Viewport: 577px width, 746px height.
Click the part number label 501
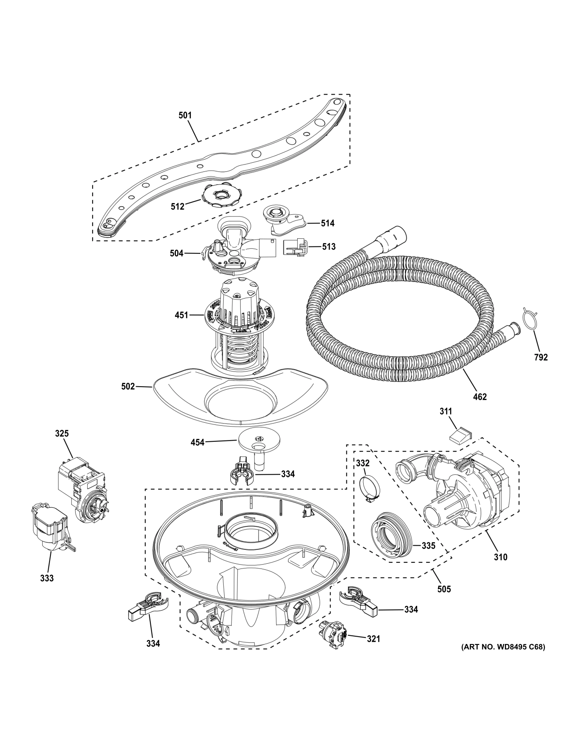[x=185, y=115]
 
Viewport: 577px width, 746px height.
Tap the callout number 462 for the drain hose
[x=480, y=396]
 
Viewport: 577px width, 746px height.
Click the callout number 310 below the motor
[x=501, y=557]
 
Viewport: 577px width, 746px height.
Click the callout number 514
[x=328, y=223]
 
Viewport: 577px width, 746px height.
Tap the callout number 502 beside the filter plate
[x=128, y=386]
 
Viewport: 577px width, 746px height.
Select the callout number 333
[x=47, y=578]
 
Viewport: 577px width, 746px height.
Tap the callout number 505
[x=444, y=589]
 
